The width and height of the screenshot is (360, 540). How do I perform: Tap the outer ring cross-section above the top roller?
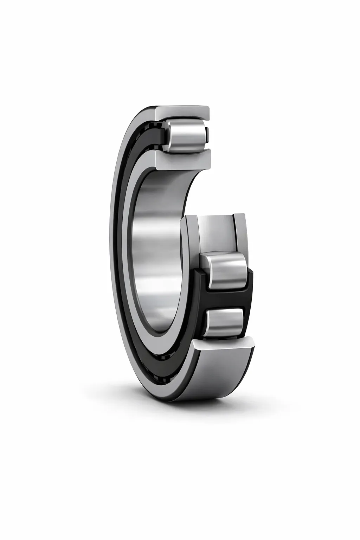click(x=183, y=112)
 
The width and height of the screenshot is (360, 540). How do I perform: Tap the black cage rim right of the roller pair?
click(x=250, y=292)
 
